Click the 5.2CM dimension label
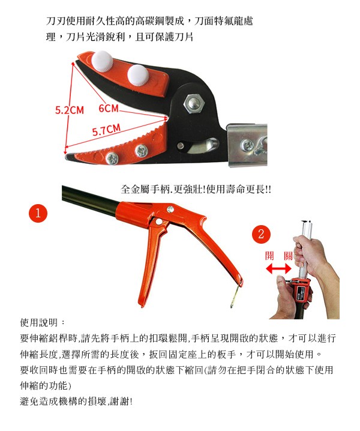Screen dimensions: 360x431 click(69, 110)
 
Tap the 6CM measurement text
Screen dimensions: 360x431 click(109, 108)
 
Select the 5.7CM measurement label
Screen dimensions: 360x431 click(106, 130)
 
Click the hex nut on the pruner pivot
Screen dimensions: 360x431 click(194, 104)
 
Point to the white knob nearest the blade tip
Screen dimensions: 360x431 click(102, 61)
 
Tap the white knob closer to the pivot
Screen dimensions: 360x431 click(138, 75)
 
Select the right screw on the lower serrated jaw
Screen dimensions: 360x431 click(142, 151)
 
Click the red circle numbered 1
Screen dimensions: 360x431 click(38, 213)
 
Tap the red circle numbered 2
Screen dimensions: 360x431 click(262, 234)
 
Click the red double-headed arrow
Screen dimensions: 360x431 click(278, 268)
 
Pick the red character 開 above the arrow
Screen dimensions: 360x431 click(269, 256)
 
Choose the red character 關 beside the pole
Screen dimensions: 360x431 click(288, 256)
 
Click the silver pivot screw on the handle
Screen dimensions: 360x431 click(170, 209)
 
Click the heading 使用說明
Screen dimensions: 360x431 click(39, 322)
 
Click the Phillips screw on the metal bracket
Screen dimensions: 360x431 click(247, 146)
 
